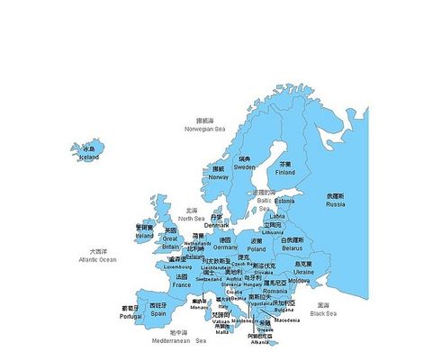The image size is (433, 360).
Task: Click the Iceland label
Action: click(89, 157)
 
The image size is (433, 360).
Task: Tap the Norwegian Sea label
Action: click(204, 129)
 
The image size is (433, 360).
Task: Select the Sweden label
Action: click(245, 166)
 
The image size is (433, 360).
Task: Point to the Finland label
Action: click(285, 173)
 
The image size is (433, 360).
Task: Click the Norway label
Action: click(219, 177)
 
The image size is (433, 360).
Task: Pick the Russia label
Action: click(335, 204)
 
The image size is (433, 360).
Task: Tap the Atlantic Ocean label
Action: click(98, 259)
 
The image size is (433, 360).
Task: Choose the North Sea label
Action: click(192, 219)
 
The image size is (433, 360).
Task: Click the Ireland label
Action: click(145, 236)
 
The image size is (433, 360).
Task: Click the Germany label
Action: click(226, 247)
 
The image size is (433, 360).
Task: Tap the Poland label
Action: click(257, 249)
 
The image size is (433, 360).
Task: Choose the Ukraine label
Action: click(304, 272)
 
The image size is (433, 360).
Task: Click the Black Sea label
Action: click(323, 313)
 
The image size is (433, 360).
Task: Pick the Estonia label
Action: click(284, 202)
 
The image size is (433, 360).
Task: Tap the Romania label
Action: click(275, 292)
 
